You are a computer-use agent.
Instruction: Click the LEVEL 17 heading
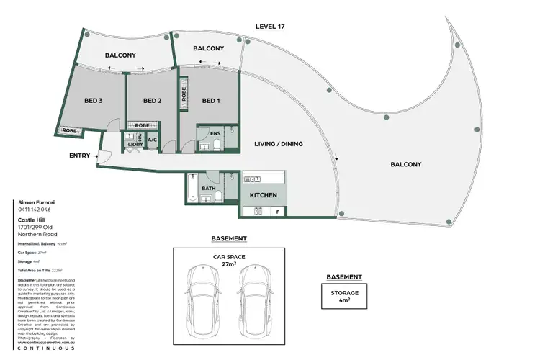pyautogui.click(x=270, y=27)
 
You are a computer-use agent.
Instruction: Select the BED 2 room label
pyautogui.click(x=151, y=101)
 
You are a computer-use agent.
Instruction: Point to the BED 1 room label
pyautogui.click(x=210, y=101)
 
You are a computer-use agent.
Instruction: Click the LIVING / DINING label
pyautogui.click(x=279, y=144)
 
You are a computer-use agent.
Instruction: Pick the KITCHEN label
pyautogui.click(x=264, y=195)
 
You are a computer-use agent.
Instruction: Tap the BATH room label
pyautogui.click(x=208, y=189)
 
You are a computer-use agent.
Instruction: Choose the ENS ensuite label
pyautogui.click(x=215, y=133)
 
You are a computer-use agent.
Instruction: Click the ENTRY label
pyautogui.click(x=79, y=156)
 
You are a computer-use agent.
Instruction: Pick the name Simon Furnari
pyautogui.click(x=35, y=204)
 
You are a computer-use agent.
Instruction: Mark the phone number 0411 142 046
pyautogui.click(x=33, y=211)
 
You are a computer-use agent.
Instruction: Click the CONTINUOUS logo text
pyautogui.click(x=45, y=349)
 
